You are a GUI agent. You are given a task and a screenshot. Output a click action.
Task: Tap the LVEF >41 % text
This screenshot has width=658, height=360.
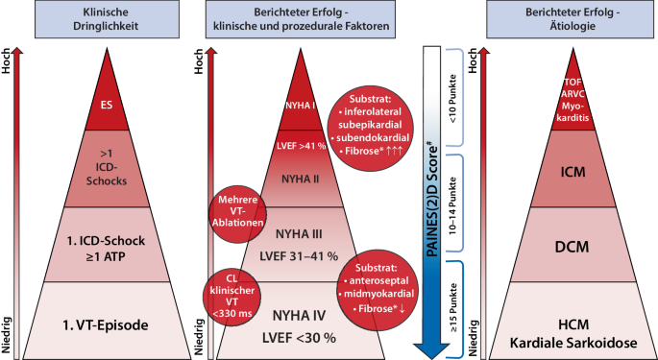(305, 145)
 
